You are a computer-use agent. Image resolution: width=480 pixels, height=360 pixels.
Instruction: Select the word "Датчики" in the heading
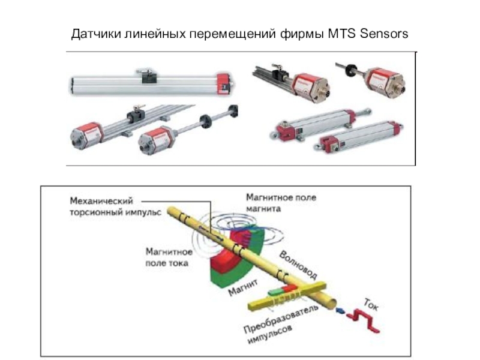[x=97, y=33]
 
